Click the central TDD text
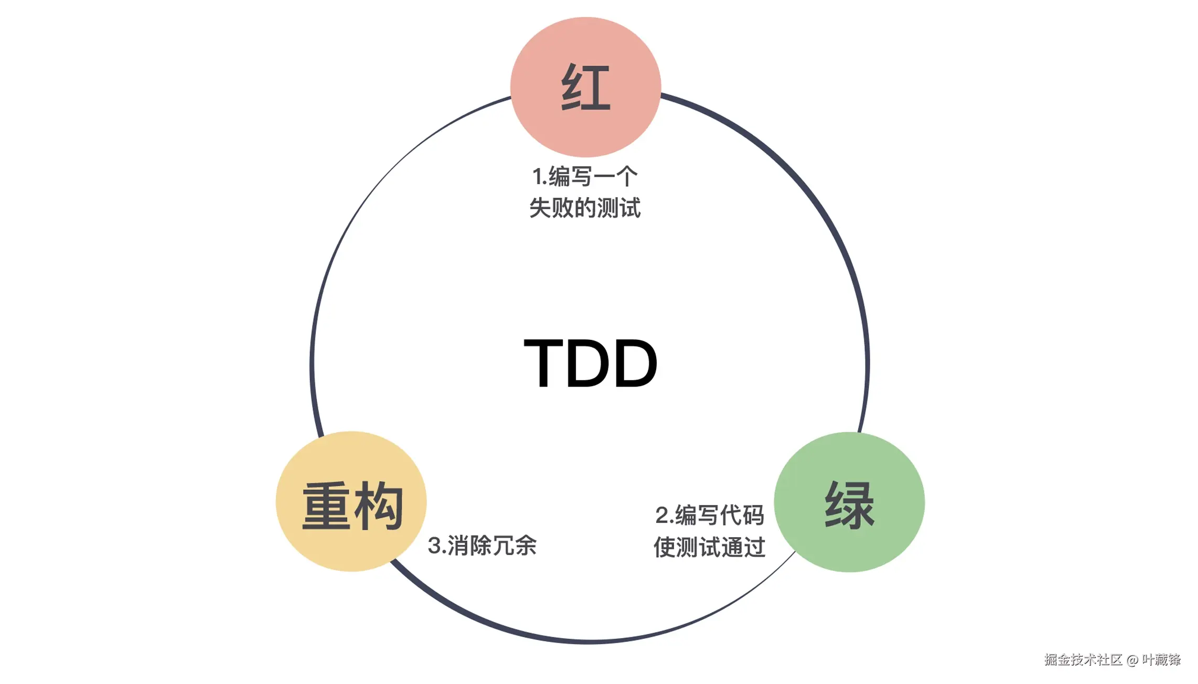(x=591, y=363)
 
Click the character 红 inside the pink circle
(x=585, y=88)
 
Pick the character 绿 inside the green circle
(x=849, y=505)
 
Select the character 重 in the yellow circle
(x=326, y=506)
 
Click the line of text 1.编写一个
(x=585, y=177)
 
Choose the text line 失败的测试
(x=585, y=208)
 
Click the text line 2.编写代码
(x=710, y=515)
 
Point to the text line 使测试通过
(x=710, y=547)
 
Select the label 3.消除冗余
(x=482, y=546)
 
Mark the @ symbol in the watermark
(x=1132, y=660)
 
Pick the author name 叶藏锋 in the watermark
(x=1161, y=660)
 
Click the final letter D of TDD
(x=635, y=363)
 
